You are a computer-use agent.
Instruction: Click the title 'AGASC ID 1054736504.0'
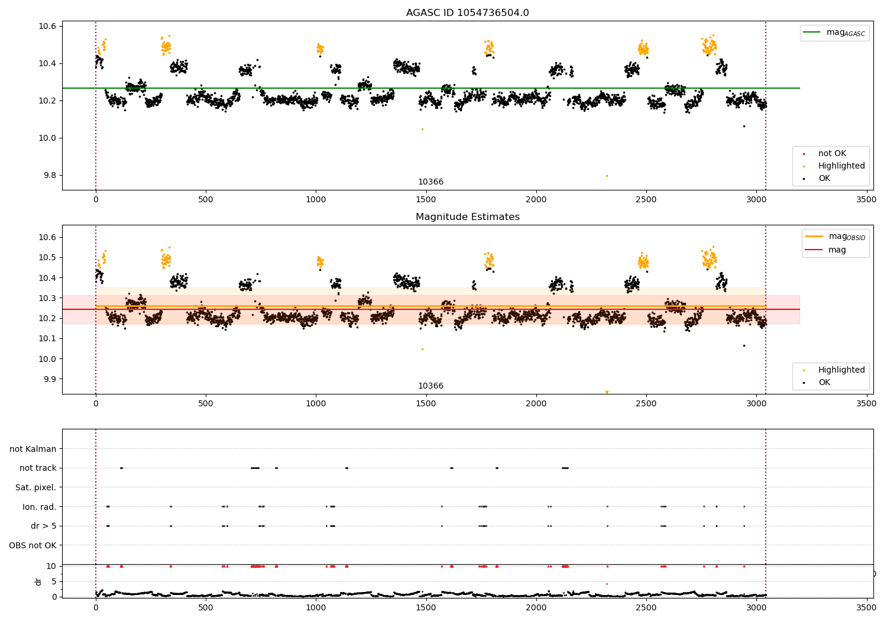point(467,13)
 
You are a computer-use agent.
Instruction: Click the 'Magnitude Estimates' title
point(467,217)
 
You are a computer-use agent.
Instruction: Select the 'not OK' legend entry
point(832,154)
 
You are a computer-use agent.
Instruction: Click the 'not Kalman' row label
point(33,449)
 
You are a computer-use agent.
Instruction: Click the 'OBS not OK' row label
point(33,545)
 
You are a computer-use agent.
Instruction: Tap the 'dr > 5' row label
point(43,526)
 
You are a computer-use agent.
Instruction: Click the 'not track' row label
point(38,468)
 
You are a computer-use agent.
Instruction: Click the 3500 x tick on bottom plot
point(866,606)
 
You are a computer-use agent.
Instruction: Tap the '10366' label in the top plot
point(430,182)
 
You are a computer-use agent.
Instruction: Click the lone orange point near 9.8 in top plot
point(607,176)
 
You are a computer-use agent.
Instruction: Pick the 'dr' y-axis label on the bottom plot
point(38,581)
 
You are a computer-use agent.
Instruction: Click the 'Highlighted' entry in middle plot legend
point(841,370)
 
